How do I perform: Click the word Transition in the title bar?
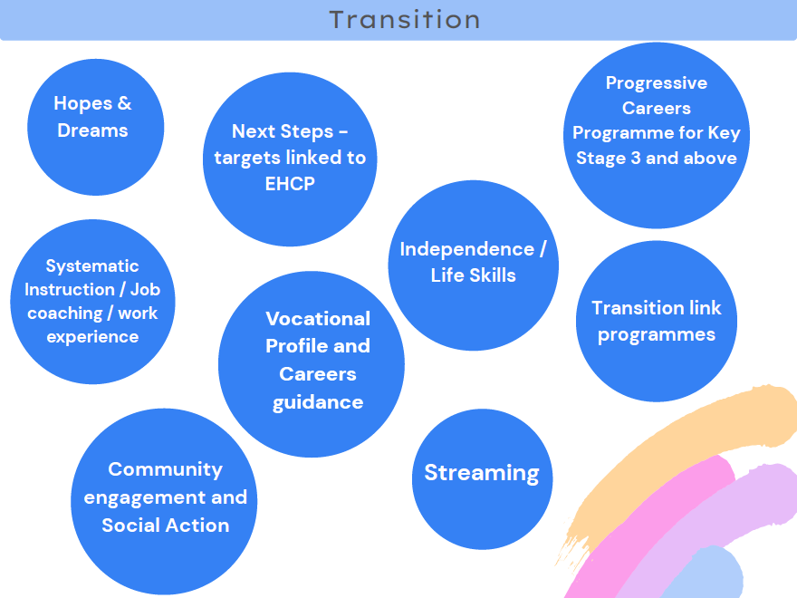(x=405, y=20)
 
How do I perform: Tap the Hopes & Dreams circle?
(x=96, y=127)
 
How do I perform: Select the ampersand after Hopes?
(x=125, y=103)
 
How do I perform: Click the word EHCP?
(x=290, y=184)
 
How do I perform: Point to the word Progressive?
(x=657, y=82)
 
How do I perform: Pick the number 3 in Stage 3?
(x=636, y=159)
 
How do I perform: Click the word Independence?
(x=467, y=249)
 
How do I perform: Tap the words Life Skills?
(x=473, y=275)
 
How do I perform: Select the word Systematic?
(x=92, y=266)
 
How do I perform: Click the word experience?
(x=92, y=337)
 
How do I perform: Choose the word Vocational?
(x=318, y=319)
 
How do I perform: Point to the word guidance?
(x=318, y=402)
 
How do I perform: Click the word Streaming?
(x=482, y=473)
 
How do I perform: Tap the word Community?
(x=165, y=469)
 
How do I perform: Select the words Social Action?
(x=165, y=526)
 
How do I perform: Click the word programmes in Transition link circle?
(x=657, y=335)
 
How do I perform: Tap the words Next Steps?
(x=283, y=131)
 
